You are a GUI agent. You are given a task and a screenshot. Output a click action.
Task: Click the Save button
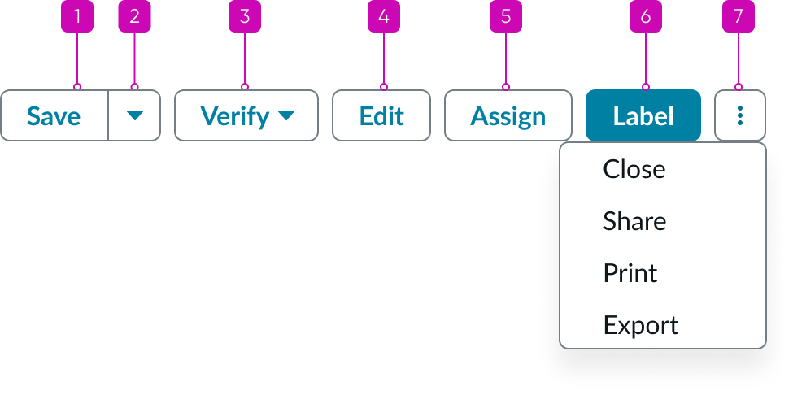click(x=54, y=116)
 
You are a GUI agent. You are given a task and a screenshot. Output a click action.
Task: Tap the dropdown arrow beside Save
click(x=134, y=116)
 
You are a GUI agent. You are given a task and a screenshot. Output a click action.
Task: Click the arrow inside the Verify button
click(x=285, y=116)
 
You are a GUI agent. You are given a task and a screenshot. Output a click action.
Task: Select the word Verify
click(x=235, y=116)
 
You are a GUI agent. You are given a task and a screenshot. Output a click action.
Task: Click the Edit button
click(x=381, y=116)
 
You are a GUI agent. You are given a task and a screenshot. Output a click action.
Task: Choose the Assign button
click(x=508, y=116)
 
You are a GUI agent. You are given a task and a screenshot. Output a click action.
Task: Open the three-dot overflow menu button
click(x=739, y=116)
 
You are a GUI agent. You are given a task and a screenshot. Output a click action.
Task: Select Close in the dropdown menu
click(x=634, y=169)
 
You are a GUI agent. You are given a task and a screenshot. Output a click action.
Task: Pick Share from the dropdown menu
click(x=634, y=221)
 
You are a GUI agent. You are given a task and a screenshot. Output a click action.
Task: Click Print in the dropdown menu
click(x=630, y=273)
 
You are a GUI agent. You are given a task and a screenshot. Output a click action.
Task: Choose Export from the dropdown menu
click(x=641, y=325)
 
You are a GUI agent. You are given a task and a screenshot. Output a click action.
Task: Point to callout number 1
click(x=77, y=17)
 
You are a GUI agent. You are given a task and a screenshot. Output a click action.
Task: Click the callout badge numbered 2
click(x=134, y=17)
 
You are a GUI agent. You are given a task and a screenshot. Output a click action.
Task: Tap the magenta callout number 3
click(x=244, y=17)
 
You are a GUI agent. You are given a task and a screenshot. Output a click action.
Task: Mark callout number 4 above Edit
click(x=384, y=17)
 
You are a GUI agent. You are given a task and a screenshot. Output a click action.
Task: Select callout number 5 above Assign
click(x=505, y=17)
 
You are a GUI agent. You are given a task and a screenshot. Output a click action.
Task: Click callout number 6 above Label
click(x=646, y=17)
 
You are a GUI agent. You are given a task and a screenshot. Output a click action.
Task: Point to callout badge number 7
click(x=738, y=17)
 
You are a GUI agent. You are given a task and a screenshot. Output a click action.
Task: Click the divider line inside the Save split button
click(x=108, y=116)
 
